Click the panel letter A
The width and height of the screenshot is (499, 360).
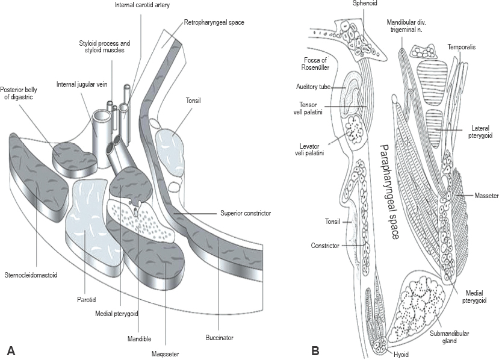click(10, 349)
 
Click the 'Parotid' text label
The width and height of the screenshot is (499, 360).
click(87, 299)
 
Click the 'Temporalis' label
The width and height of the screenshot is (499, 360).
click(462, 46)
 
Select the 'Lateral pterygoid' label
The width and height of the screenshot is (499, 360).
click(479, 132)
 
